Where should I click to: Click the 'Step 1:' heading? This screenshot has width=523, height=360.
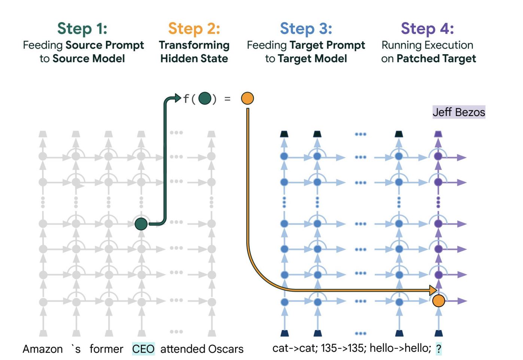pos(82,28)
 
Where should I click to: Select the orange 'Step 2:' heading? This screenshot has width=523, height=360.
pos(194,28)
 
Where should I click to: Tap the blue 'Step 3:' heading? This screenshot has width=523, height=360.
pos(306,28)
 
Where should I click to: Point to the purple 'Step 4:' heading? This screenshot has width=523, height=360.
pos(427,28)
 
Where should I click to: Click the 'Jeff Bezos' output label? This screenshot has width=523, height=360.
pos(459,112)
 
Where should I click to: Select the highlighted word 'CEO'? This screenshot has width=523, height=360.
pos(143,349)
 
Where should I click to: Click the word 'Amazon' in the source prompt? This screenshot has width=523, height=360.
pos(43,349)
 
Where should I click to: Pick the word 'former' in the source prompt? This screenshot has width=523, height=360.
pos(106,349)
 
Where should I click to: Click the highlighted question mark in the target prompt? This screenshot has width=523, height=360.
pos(438,349)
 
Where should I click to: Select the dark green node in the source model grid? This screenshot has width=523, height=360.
pos(141,224)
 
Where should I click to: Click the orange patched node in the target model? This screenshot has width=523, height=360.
pos(438,300)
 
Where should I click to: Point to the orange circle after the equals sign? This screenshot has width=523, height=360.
pos(247,98)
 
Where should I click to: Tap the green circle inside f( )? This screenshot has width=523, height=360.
pos(204,99)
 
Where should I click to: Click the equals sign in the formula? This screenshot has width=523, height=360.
pos(227,99)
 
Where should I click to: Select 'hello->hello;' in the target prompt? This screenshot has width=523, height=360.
pos(400,348)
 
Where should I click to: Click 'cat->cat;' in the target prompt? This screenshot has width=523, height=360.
pos(295,348)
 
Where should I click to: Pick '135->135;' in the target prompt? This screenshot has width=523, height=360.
pos(343,348)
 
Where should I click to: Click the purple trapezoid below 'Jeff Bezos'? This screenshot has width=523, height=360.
pos(438,134)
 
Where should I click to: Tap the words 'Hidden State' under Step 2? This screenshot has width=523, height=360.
pos(194,59)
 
